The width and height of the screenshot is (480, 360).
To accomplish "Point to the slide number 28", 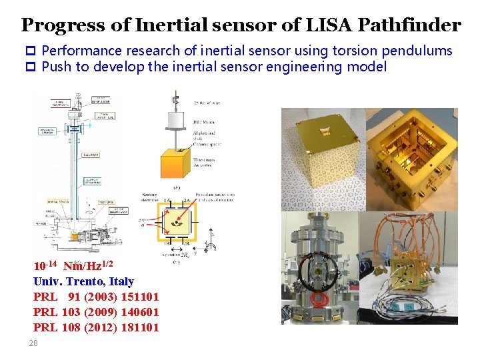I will (x=33, y=343).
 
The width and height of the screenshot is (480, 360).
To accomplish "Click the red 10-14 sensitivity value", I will (x=45, y=266).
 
